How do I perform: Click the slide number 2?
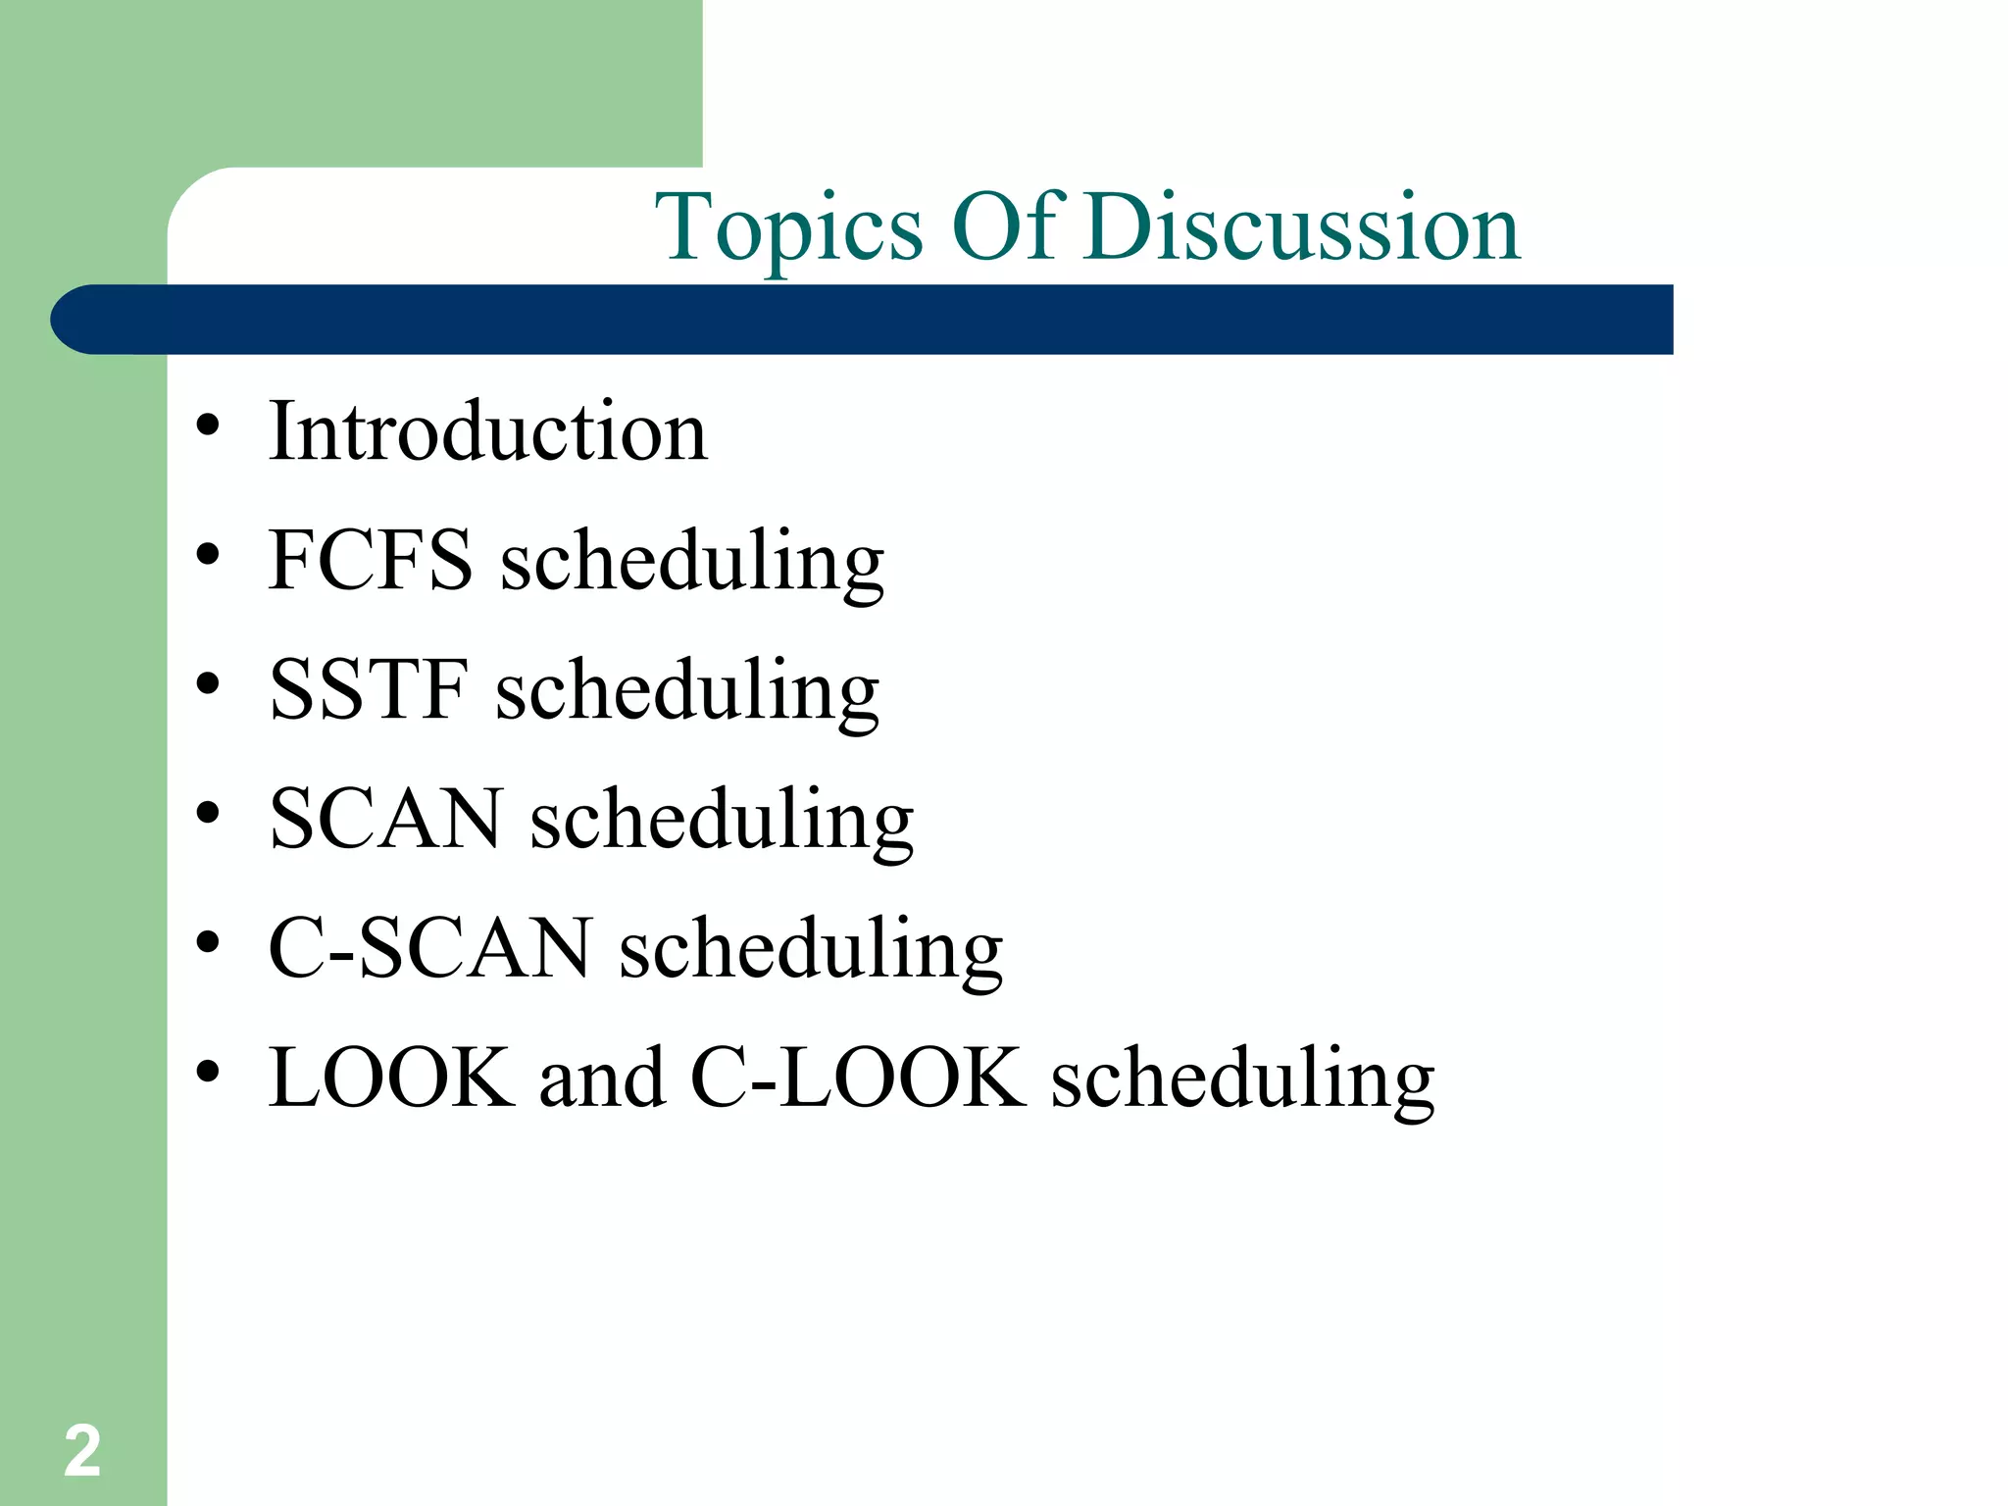click(x=82, y=1451)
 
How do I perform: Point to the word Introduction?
click(x=487, y=431)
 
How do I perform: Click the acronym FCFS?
click(x=371, y=559)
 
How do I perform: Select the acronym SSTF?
click(x=368, y=688)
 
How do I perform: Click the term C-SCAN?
click(x=429, y=947)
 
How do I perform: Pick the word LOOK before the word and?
click(x=391, y=1077)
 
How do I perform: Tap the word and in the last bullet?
click(x=601, y=1077)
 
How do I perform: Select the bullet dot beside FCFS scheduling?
click(x=207, y=555)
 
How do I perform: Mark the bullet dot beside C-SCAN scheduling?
click(x=207, y=943)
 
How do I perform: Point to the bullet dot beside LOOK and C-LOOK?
click(x=207, y=1072)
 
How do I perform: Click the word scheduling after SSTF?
click(x=687, y=690)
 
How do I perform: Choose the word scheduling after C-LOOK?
click(x=1242, y=1079)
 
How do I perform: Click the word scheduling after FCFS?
click(x=692, y=561)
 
